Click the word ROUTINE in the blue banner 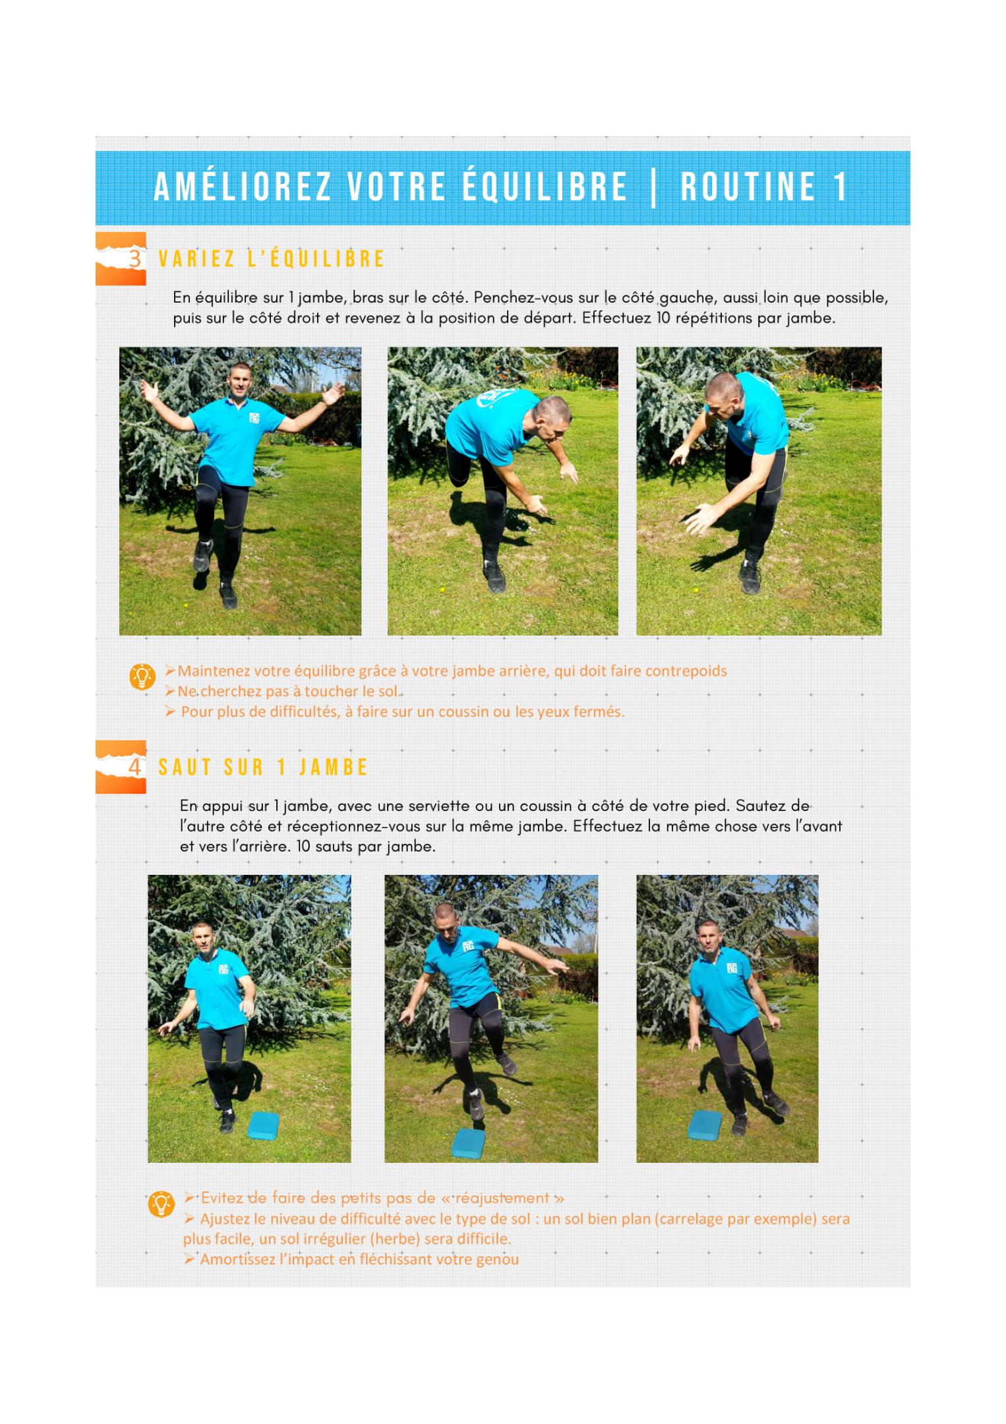(x=748, y=187)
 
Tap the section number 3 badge (x=121, y=258)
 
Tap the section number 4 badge (x=121, y=767)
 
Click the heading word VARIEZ (x=196, y=259)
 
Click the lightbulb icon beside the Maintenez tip (x=142, y=676)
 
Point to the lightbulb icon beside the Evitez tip (x=161, y=1204)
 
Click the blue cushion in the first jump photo (x=264, y=1125)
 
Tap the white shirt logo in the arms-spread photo (x=254, y=418)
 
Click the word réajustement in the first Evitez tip (x=502, y=1198)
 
